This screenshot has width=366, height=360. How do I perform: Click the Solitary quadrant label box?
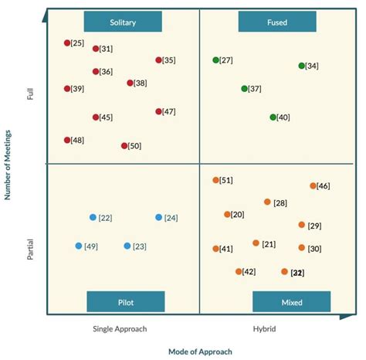tap(123, 22)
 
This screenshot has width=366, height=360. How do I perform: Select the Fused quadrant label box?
tap(276, 22)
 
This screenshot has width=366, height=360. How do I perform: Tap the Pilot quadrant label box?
tap(125, 301)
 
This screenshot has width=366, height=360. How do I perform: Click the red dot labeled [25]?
tap(67, 43)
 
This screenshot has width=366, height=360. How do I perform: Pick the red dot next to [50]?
tap(124, 145)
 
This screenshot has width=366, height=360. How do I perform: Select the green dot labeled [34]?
tap(302, 66)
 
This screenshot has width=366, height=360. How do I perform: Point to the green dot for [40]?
tap(273, 117)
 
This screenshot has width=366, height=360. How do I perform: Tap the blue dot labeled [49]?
tap(79, 246)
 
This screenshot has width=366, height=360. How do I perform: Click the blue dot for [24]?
tap(159, 218)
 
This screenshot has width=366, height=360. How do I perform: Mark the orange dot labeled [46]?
tap(313, 186)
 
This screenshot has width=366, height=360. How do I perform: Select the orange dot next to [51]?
tap(216, 181)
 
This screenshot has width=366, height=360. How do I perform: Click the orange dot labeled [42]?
tap(239, 271)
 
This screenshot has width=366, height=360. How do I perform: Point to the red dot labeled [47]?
tap(159, 111)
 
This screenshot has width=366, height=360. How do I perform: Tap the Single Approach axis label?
tap(120, 328)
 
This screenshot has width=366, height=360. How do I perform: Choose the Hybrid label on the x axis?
tap(265, 328)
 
